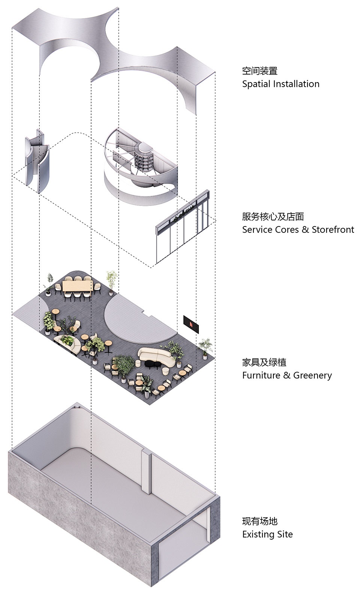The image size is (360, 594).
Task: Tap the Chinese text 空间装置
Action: [259, 71]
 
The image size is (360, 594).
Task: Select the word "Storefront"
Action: [333, 229]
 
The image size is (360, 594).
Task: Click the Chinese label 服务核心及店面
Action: [273, 216]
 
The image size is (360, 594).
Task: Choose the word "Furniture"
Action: [261, 375]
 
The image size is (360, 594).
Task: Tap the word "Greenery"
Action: [312, 375]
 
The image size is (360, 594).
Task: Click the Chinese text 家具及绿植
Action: [264, 362]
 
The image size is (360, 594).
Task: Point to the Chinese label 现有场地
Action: [259, 521]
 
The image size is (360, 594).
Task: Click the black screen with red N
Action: [191, 324]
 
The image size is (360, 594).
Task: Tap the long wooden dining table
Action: [77, 286]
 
